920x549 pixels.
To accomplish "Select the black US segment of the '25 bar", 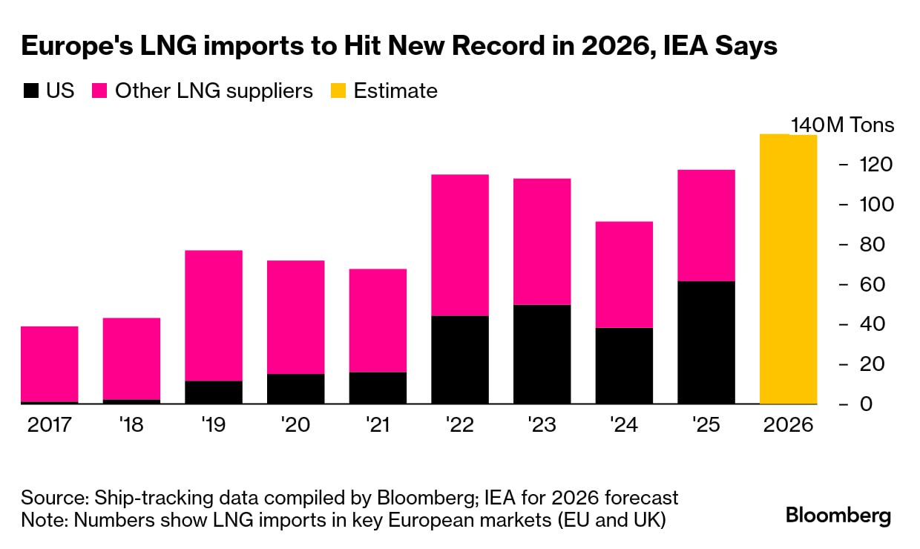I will point(706,343).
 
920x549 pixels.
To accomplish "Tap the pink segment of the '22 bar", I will point(460,245).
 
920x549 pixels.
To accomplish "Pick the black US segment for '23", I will point(542,355).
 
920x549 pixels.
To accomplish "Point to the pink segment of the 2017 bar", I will point(50,364).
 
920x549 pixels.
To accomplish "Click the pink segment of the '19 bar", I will point(214,315).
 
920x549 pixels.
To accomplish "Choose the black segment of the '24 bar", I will point(624,366).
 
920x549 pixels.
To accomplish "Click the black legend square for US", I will point(30,91).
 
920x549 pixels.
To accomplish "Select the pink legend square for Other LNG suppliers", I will point(100,91).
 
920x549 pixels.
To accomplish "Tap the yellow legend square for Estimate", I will point(338,91).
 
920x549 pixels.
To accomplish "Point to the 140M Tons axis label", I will point(843,125).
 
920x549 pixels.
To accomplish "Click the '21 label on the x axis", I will point(378,426).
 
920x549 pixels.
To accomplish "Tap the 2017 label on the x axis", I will point(50,426).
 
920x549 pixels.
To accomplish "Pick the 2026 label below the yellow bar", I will point(789,426).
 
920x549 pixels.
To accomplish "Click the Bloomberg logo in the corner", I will point(838,516).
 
